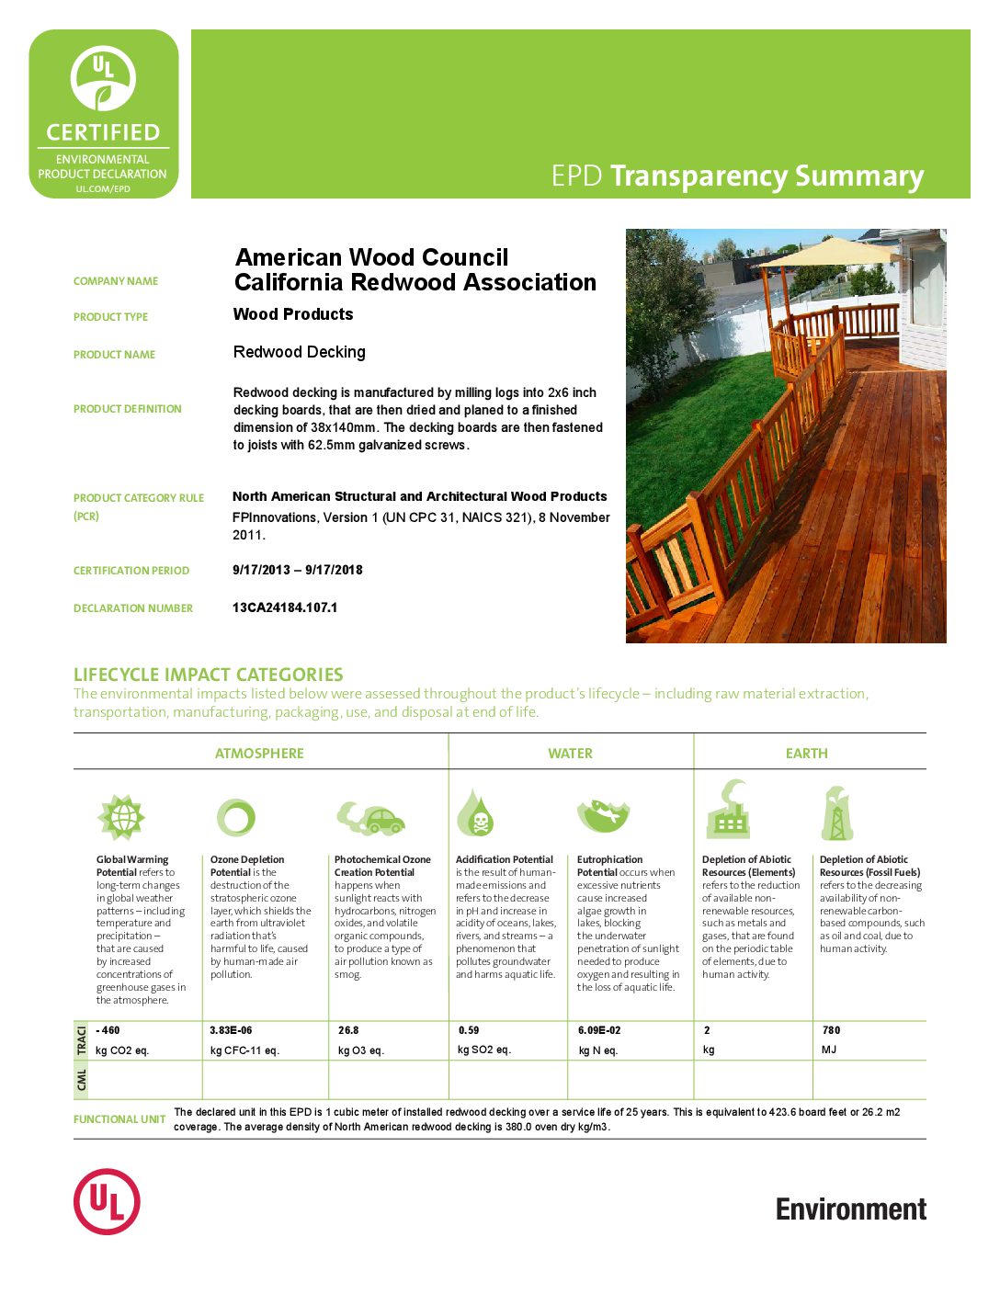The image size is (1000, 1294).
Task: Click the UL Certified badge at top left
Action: [x=104, y=114]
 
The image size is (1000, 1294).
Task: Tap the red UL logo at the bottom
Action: [x=107, y=1201]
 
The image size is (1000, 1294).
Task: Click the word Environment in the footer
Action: [x=850, y=1209]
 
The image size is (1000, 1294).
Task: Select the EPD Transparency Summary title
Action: [x=737, y=176]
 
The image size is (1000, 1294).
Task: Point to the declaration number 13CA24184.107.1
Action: [x=285, y=607]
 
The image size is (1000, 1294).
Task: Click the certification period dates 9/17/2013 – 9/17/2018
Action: [x=298, y=570]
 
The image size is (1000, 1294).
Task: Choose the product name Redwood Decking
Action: [x=300, y=352]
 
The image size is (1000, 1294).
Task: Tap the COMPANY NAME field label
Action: [x=116, y=281]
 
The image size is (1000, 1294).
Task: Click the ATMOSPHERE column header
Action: [x=259, y=754]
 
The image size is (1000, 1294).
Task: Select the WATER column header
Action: [x=570, y=754]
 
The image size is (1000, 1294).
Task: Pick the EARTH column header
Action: [x=806, y=754]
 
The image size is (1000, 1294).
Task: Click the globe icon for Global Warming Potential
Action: [x=121, y=817]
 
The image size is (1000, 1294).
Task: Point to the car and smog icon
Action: [x=370, y=816]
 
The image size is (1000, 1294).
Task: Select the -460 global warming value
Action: [x=108, y=1030]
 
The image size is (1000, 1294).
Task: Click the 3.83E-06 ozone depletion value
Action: [x=231, y=1030]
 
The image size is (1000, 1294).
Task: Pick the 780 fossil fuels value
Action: [x=831, y=1030]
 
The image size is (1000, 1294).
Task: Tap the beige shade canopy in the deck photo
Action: [x=827, y=251]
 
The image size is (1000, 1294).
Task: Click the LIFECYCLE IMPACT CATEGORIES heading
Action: [x=209, y=675]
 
